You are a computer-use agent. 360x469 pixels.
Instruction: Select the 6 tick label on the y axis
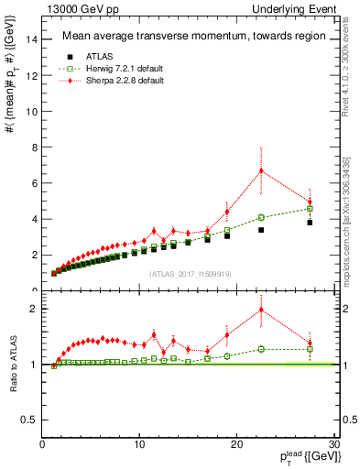pos(35,183)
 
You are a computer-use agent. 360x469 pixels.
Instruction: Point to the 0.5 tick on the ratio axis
pos(29,420)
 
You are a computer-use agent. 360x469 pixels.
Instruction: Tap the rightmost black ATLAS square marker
pos(310,223)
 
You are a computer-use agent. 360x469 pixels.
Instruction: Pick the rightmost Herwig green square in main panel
pos(310,209)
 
